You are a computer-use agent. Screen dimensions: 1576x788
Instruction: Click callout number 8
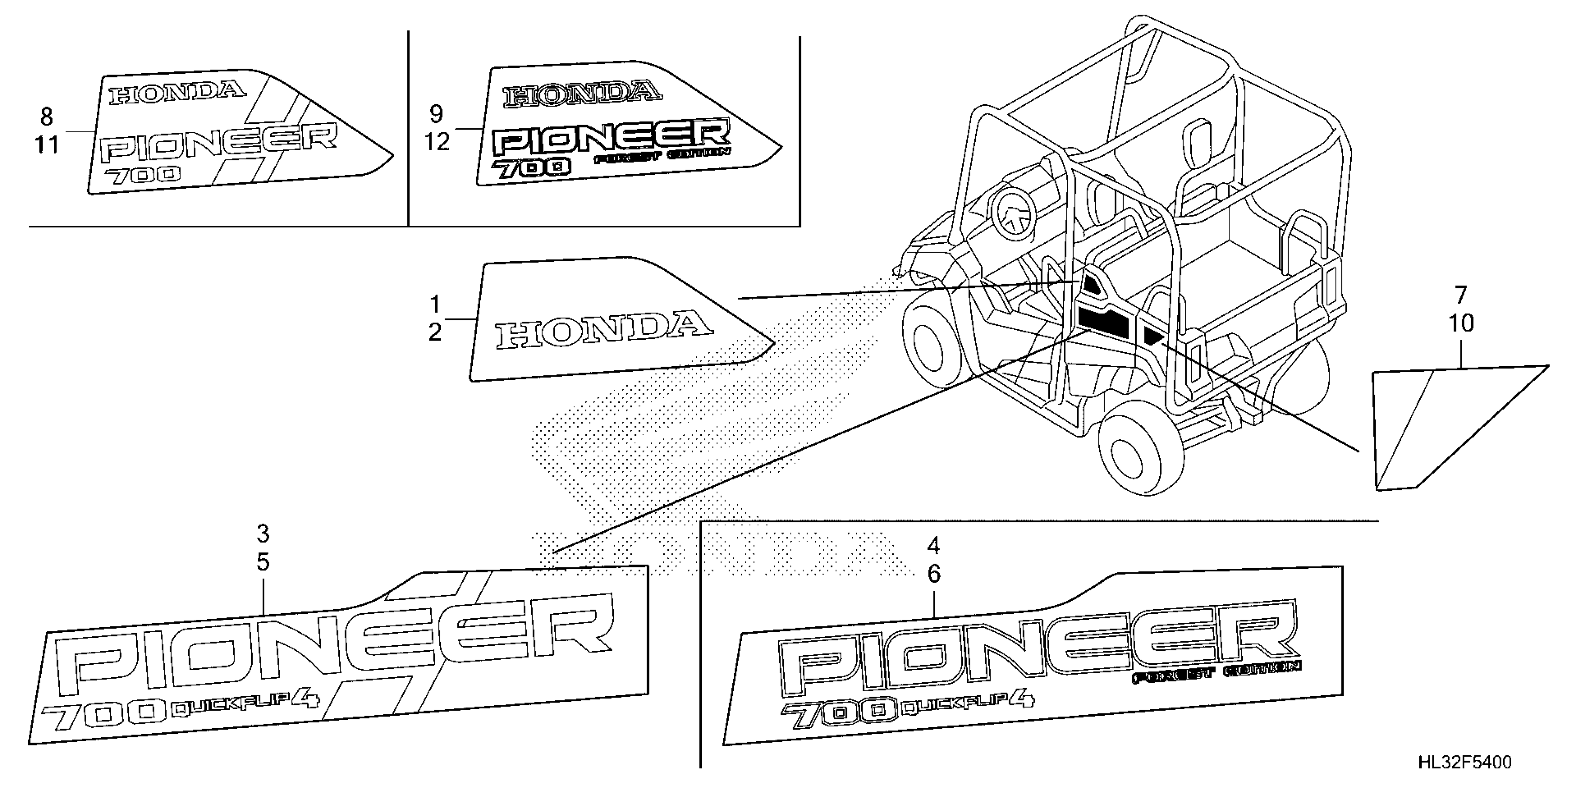click(x=46, y=116)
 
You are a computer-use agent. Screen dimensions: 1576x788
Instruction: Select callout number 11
click(x=46, y=146)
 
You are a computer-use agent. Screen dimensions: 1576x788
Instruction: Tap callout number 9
click(x=436, y=114)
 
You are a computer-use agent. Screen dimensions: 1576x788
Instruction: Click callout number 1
click(x=435, y=304)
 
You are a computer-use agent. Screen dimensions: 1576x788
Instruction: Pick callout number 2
click(x=435, y=333)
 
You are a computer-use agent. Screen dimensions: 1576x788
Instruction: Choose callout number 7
click(x=1461, y=295)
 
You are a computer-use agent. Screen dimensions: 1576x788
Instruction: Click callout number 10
click(x=1461, y=324)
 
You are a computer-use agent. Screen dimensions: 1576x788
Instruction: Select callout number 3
click(x=262, y=534)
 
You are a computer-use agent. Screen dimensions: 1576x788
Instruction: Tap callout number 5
click(x=262, y=562)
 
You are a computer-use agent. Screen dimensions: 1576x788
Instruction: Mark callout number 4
click(x=934, y=545)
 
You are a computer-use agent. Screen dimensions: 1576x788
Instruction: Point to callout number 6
click(x=934, y=574)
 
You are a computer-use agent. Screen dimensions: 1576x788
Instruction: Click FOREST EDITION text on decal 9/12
click(x=662, y=155)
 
